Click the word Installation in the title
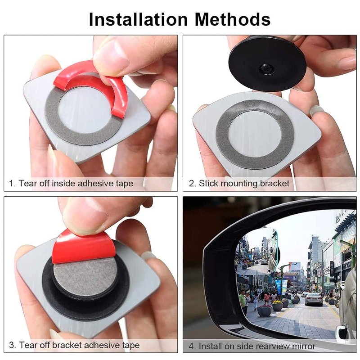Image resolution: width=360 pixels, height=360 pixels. click(139, 19)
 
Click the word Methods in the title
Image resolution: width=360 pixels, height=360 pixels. click(233, 19)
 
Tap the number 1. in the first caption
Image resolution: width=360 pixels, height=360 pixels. click(13, 184)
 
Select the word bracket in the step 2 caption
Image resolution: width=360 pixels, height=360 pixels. click(274, 184)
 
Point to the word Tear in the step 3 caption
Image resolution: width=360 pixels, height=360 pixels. click(27, 345)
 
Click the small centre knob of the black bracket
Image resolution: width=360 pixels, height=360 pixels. click(266, 68)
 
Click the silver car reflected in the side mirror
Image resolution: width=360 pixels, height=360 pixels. click(314, 298)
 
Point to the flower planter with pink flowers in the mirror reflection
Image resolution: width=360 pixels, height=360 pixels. click(265, 310)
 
